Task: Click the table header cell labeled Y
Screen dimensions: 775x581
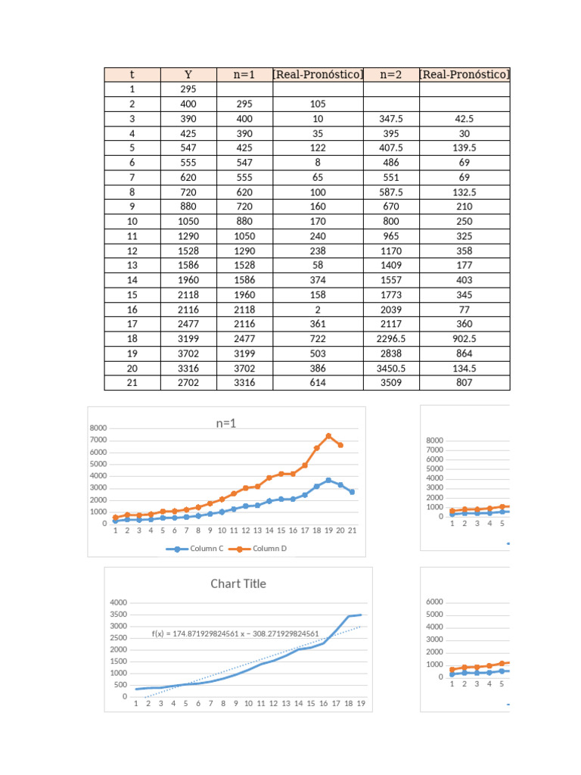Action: [x=188, y=74]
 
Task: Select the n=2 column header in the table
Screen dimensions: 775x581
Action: [x=391, y=74]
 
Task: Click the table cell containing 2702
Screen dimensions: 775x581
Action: [x=188, y=383]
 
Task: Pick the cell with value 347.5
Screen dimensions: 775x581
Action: [x=391, y=119]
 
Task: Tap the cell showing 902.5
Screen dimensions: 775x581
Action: [x=464, y=339]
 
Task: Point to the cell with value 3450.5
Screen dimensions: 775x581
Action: [x=391, y=368]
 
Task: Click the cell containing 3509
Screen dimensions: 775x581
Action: [x=391, y=383]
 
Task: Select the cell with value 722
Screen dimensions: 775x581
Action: [x=318, y=339]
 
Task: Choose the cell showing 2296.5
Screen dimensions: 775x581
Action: [x=391, y=339]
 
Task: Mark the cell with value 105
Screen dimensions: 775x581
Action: [x=318, y=104]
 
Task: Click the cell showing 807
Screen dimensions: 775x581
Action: [x=464, y=383]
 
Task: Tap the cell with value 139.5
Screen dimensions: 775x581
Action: [x=464, y=148]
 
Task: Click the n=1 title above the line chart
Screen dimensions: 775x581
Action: [x=226, y=424]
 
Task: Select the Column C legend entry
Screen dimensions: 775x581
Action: [x=195, y=549]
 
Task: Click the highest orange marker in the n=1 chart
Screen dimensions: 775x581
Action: [x=328, y=436]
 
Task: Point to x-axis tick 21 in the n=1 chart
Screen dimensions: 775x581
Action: [x=352, y=531]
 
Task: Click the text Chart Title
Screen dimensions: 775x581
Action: [x=238, y=584]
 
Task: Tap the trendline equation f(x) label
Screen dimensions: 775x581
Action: [x=235, y=633]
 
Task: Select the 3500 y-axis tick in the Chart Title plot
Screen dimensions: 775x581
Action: [x=118, y=626]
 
